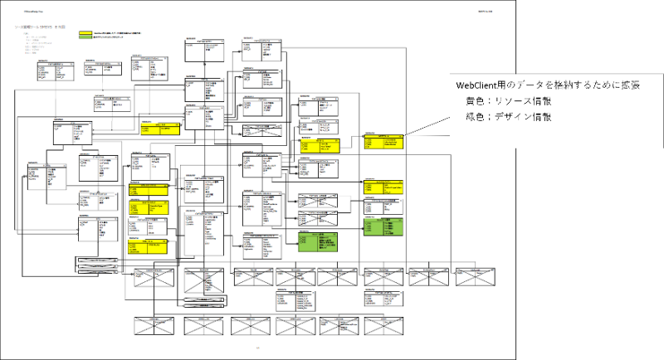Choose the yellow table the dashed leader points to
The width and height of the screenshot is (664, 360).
coord(382,143)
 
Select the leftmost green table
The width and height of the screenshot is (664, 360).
coord(319,241)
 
